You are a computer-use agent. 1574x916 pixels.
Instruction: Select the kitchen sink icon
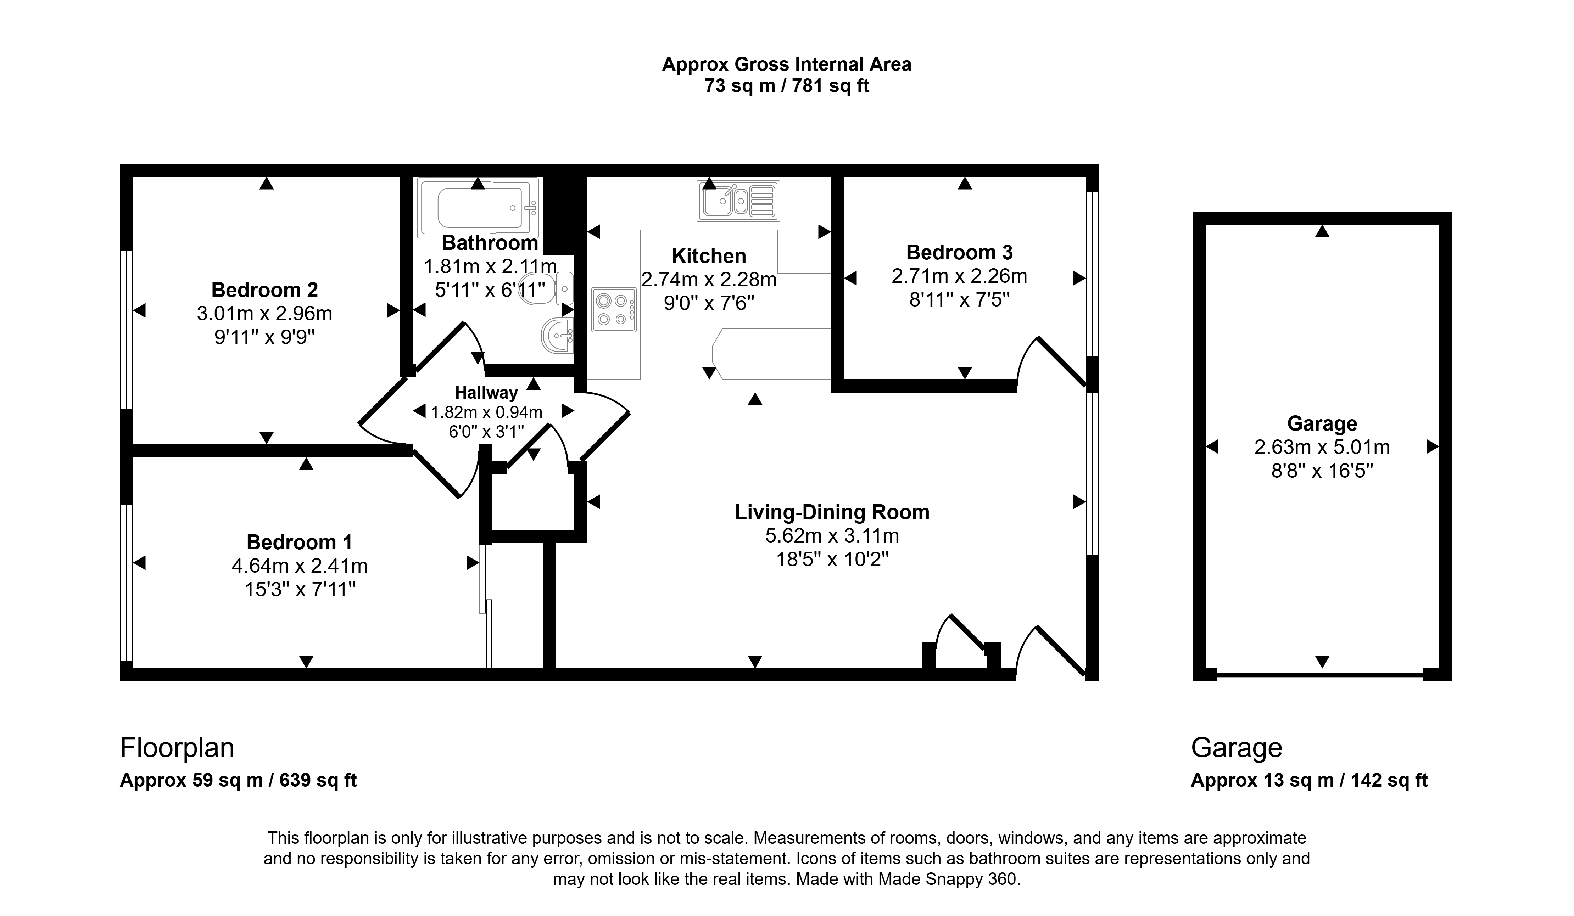(738, 201)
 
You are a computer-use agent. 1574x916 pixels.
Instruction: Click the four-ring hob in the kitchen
(614, 309)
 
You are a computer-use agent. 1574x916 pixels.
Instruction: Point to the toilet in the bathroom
(547, 288)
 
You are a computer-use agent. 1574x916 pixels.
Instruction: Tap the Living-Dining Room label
(832, 512)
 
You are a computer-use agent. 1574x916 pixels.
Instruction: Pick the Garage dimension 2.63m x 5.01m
(1322, 447)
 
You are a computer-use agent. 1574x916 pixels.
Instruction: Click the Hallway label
(486, 393)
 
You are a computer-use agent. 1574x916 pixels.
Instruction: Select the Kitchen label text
(709, 256)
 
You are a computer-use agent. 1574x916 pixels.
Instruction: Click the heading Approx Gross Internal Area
(786, 64)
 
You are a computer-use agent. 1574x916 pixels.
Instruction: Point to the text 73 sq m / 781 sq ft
(786, 85)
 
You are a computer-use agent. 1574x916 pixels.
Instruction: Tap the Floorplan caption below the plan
(177, 747)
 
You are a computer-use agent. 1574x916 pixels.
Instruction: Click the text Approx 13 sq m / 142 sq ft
(1309, 781)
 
